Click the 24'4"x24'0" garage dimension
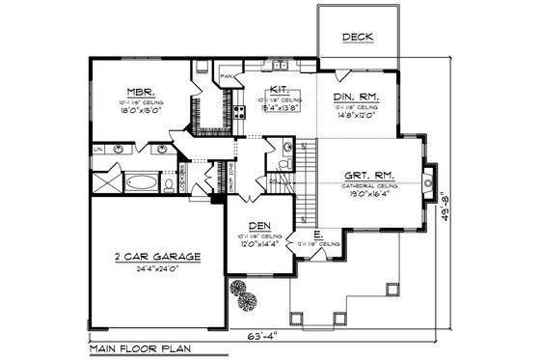(155, 270)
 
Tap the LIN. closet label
(98, 150)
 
